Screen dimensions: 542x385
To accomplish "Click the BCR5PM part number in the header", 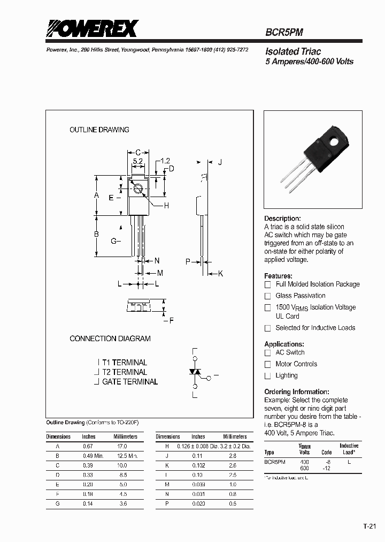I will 284,32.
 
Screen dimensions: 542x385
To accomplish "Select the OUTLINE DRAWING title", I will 99,130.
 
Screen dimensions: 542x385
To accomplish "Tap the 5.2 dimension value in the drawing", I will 137,161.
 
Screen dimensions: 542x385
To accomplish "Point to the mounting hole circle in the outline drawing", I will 138,189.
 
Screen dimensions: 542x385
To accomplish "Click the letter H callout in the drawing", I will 166,206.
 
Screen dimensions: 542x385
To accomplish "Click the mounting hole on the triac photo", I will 335,142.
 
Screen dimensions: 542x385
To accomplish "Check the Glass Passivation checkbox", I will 268,296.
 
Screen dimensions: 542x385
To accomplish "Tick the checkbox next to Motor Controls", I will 268,364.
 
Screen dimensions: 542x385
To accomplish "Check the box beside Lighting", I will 268,376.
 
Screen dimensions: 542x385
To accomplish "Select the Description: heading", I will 283,219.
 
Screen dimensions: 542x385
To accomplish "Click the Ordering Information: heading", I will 297,392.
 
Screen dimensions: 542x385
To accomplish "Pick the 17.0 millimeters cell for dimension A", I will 122,446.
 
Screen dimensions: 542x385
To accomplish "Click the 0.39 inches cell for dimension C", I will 88,465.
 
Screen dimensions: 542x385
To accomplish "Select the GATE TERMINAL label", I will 130,382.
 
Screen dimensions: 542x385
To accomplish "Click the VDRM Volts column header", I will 304,449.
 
